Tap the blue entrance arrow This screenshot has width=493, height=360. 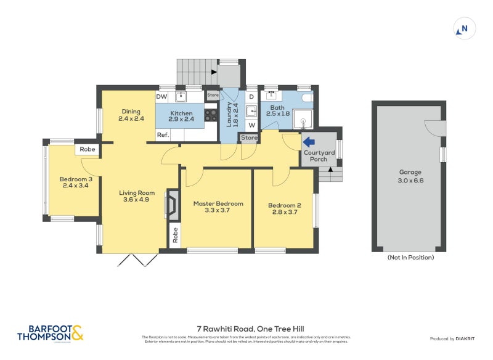308,141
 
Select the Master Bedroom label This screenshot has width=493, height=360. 218,207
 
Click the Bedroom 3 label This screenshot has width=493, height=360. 73,183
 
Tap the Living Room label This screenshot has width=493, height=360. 137,196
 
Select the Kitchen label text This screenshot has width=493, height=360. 181,116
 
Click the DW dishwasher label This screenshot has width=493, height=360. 161,97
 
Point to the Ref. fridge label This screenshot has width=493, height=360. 162,135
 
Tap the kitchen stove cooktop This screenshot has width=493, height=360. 211,115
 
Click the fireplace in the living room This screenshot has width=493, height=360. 173,205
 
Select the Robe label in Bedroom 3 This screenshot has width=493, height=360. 87,149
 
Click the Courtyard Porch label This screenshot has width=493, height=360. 319,156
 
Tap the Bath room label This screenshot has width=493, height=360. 277,110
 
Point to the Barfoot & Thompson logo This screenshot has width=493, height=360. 50,333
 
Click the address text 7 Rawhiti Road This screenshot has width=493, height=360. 246,329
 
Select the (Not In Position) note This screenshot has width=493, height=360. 410,257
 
